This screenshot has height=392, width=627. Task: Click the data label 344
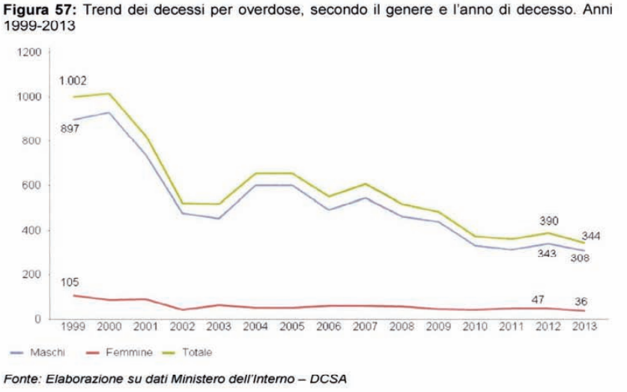coord(593,235)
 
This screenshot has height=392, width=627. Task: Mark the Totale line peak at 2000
coord(109,94)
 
